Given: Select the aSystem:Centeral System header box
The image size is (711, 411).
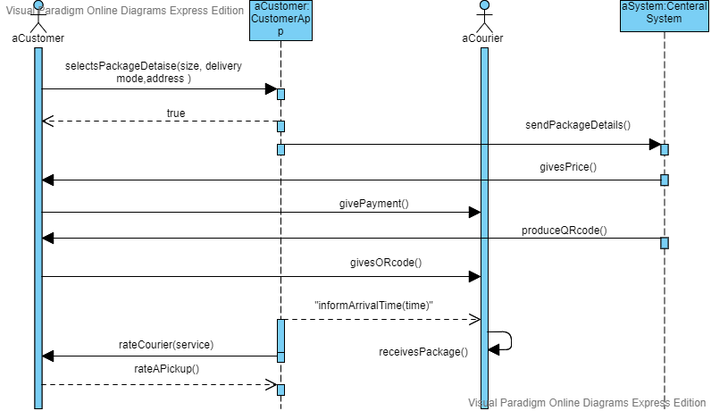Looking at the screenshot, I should pyautogui.click(x=664, y=13).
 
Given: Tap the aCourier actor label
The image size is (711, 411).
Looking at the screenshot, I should pyautogui.click(x=482, y=38).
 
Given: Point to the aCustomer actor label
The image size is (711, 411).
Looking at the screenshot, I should pyautogui.click(x=38, y=38).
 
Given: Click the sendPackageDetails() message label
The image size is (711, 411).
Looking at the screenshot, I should pyautogui.click(x=577, y=125).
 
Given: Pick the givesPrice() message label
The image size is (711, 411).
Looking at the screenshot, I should pyautogui.click(x=567, y=166).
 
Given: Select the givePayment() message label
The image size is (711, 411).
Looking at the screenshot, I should pyautogui.click(x=373, y=203).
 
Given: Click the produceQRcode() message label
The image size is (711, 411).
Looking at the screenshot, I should pyautogui.click(x=564, y=231).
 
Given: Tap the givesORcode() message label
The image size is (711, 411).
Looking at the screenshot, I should pyautogui.click(x=386, y=263).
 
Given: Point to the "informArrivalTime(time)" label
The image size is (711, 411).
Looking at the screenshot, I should pyautogui.click(x=373, y=306).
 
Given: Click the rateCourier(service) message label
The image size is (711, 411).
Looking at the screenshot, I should pyautogui.click(x=166, y=344).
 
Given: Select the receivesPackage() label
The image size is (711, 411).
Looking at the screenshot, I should pyautogui.click(x=423, y=352).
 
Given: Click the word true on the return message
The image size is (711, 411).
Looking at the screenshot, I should pyautogui.click(x=176, y=113).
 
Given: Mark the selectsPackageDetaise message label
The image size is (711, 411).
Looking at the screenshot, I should pyautogui.click(x=154, y=72).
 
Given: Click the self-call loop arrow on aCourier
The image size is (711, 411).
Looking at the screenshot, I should pyautogui.click(x=506, y=340).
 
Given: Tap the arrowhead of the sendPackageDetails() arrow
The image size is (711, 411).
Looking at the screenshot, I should pyautogui.click(x=656, y=144).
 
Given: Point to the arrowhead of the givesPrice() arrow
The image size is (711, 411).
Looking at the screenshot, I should pyautogui.click(x=48, y=180).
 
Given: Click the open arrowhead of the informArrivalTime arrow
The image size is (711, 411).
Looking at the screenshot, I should pyautogui.click(x=476, y=319).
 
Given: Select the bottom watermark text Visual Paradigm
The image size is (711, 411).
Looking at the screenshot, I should pyautogui.click(x=586, y=403).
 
